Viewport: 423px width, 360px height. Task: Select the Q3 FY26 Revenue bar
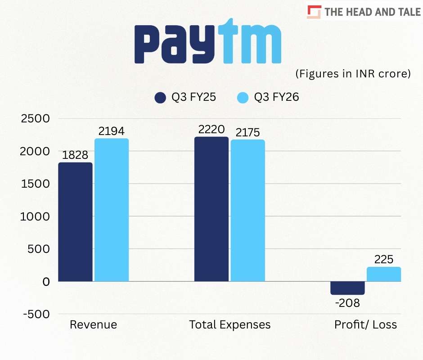[x=112, y=210]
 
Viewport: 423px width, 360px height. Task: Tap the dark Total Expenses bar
[x=211, y=209]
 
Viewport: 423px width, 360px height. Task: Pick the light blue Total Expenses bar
[x=248, y=210]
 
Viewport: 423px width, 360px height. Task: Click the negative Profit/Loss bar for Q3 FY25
[x=347, y=288]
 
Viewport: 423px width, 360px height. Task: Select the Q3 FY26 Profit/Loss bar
[x=384, y=274]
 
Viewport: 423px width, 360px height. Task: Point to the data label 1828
[x=75, y=155]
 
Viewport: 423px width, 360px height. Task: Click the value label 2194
[x=112, y=131]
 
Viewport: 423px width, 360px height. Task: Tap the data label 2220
[x=211, y=130]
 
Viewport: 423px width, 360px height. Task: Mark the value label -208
[x=347, y=303]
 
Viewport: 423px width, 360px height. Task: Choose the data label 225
[x=384, y=260]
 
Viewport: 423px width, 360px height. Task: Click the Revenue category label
[x=93, y=324]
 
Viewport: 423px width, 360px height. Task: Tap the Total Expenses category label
[x=230, y=324]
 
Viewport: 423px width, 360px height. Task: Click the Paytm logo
[x=208, y=41]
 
